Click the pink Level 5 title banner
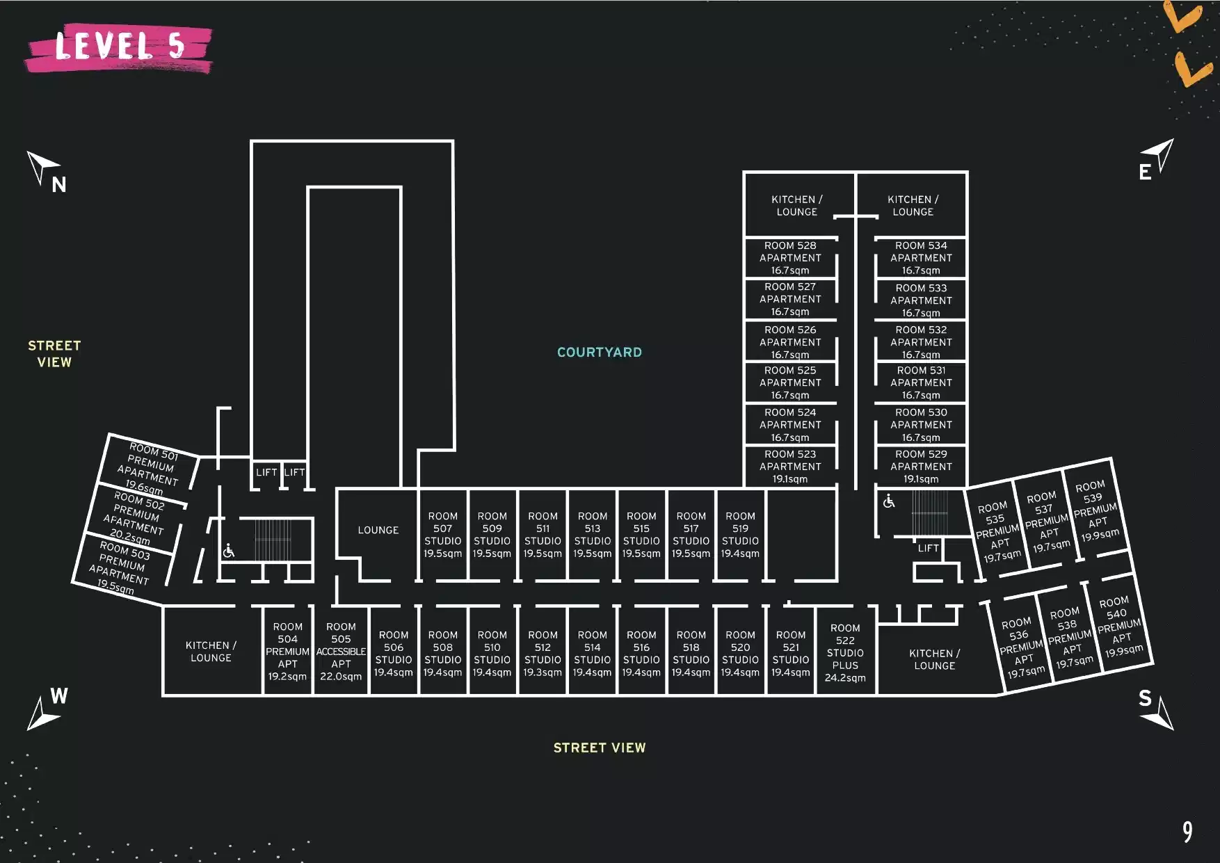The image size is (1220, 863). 119,48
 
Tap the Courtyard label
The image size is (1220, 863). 600,353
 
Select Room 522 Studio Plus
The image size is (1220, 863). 845,652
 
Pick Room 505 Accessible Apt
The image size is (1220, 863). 341,652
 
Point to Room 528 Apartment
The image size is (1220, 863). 790,258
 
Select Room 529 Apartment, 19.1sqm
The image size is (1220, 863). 921,467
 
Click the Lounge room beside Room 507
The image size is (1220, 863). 378,530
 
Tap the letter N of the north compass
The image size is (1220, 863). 59,185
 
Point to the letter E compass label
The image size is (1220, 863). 1145,172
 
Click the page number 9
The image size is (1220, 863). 1187,832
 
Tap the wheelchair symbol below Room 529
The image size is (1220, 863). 889,501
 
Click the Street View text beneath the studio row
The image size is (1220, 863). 600,748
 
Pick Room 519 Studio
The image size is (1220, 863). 740,535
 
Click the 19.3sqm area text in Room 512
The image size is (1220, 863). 543,672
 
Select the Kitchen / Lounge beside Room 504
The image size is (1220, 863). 211,652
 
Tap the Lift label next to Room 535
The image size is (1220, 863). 929,548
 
